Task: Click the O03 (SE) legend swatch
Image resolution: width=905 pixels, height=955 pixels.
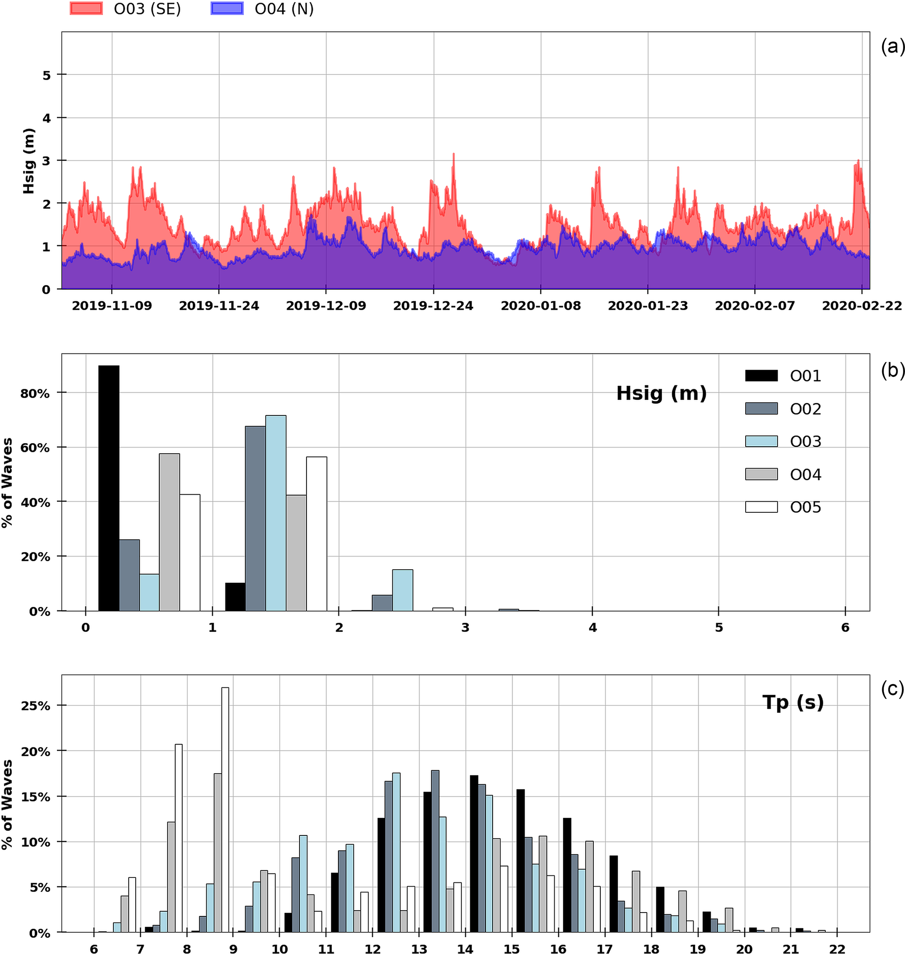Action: pos(86,9)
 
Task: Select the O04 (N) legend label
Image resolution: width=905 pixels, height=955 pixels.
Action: pos(284,9)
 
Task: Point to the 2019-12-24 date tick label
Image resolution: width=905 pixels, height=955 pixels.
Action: pos(433,306)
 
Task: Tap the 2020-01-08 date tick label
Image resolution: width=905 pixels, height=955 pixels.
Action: pos(540,306)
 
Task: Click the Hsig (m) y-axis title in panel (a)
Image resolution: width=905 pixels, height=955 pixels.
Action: pos(29,161)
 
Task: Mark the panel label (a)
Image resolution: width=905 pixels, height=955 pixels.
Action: pos(892,47)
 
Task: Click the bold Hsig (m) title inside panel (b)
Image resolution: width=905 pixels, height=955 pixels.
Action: pos(661,393)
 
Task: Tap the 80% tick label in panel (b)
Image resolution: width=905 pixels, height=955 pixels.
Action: pos(35,393)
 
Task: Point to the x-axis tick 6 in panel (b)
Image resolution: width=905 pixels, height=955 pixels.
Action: pos(845,627)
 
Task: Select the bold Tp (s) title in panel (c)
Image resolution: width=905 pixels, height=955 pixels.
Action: pos(792,703)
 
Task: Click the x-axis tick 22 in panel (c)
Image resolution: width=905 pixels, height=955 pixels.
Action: pos(837,949)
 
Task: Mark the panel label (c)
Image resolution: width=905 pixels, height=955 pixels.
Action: pos(892,690)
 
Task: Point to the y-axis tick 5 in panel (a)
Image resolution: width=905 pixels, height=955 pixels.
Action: pos(47,75)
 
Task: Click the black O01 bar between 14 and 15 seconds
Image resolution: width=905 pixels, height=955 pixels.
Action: pos(474,853)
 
